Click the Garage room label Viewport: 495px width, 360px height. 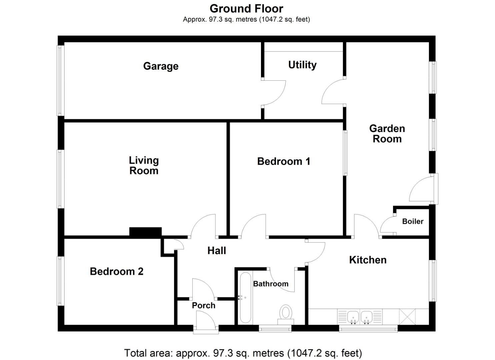coord(161,66)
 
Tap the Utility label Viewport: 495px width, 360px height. coord(302,65)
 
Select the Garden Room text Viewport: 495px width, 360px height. coord(387,134)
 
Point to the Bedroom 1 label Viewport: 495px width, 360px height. coord(284,162)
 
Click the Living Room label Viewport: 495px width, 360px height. coord(144,166)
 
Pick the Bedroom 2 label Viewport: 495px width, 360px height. coord(116,271)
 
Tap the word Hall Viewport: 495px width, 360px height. coord(217,251)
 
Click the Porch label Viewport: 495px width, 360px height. coord(204,305)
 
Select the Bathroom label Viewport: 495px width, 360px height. coord(271,284)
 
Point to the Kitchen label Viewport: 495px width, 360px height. coord(368,260)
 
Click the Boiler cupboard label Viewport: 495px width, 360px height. coord(413,221)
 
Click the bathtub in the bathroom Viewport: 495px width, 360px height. coord(245,297)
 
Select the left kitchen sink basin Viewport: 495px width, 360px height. coord(353,316)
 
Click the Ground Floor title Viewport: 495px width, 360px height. coord(246,9)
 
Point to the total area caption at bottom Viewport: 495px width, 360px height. coord(243,353)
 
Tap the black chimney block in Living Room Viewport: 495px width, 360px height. coord(145,232)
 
